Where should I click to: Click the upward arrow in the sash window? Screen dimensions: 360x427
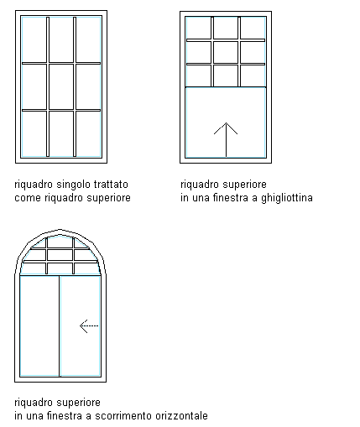pyautogui.click(x=226, y=139)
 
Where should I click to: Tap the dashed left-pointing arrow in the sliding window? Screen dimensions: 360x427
pyautogui.click(x=89, y=325)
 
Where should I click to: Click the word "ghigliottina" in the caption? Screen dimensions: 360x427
pyautogui.click(x=287, y=198)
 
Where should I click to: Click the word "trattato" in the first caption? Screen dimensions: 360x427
pyautogui.click(x=111, y=185)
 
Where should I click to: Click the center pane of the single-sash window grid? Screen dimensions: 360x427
pyautogui.click(x=61, y=86)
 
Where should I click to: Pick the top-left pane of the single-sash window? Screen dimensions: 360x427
pyautogui.click(x=34, y=39)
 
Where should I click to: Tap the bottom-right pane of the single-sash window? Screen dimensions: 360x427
pyautogui.click(x=88, y=133)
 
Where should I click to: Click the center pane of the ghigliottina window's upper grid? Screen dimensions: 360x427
pyautogui.click(x=226, y=52)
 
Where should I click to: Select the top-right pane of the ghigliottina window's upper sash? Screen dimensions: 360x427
pyautogui.click(x=253, y=28)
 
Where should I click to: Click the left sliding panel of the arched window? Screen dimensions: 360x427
pyautogui.click(x=39, y=325)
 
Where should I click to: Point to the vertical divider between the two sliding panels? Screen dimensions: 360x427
pyautogui.click(x=60, y=326)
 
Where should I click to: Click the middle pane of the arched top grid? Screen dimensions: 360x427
pyautogui.click(x=60, y=255)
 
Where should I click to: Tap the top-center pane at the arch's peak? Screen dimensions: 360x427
pyautogui.click(x=60, y=242)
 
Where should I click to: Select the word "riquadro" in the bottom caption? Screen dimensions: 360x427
pyautogui.click(x=34, y=403)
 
